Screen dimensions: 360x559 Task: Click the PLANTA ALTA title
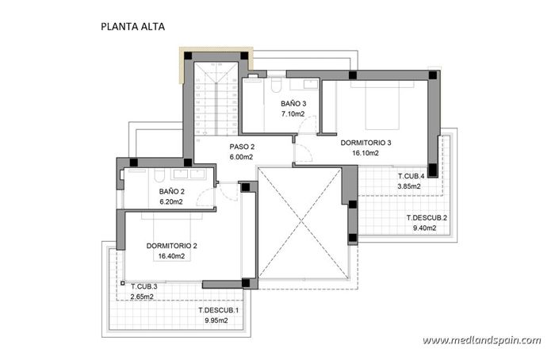pos(133,26)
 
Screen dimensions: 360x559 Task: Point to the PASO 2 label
pos(242,147)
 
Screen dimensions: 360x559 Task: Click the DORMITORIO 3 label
pos(366,144)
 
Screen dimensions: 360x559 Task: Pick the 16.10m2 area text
pos(366,153)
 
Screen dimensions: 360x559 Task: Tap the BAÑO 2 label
pos(171,192)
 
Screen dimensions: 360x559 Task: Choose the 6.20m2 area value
pos(171,202)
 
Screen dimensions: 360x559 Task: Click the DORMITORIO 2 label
pos(171,246)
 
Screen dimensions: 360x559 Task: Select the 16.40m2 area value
pos(171,256)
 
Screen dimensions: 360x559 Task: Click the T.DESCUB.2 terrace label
pos(427,217)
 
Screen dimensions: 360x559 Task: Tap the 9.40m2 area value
pos(427,228)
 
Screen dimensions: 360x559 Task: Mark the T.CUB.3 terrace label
pos(144,286)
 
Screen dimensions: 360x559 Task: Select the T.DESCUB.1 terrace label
pos(218,310)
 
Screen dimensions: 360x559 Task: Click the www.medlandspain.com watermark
pos(481,340)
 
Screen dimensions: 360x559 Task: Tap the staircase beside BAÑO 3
pos(214,99)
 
